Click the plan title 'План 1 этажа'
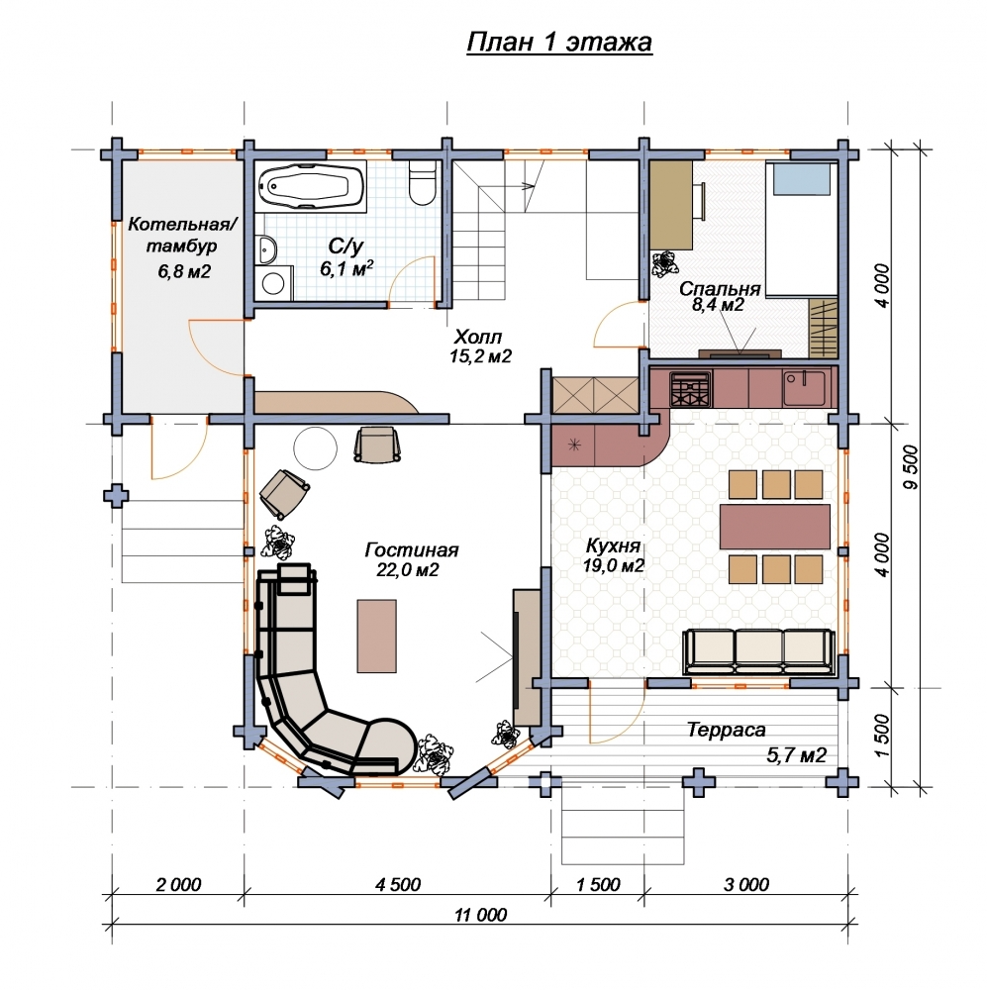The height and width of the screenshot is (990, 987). click(559, 43)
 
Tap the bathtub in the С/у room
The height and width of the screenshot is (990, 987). click(312, 186)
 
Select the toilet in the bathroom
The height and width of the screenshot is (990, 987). click(422, 182)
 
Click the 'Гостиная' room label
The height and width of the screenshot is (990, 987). click(411, 549)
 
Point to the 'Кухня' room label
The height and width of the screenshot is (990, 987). click(613, 545)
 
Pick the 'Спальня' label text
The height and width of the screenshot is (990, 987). click(720, 289)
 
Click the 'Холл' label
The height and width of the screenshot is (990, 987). click(477, 336)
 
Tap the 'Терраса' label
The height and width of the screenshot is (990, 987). click(727, 730)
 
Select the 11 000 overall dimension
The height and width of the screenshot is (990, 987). click(480, 915)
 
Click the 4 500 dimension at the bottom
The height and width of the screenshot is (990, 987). click(398, 884)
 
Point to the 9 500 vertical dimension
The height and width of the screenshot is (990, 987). click(911, 467)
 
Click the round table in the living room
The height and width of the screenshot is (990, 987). click(315, 447)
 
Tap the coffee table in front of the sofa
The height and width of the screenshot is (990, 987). click(377, 637)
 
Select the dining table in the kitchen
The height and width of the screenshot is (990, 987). click(775, 526)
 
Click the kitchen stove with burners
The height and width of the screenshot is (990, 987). click(691, 389)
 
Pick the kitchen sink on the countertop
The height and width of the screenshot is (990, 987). click(804, 388)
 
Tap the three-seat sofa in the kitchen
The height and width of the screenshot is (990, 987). click(758, 652)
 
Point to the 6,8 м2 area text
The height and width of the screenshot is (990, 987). click(184, 271)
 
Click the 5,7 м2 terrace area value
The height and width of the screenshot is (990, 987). click(796, 754)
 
